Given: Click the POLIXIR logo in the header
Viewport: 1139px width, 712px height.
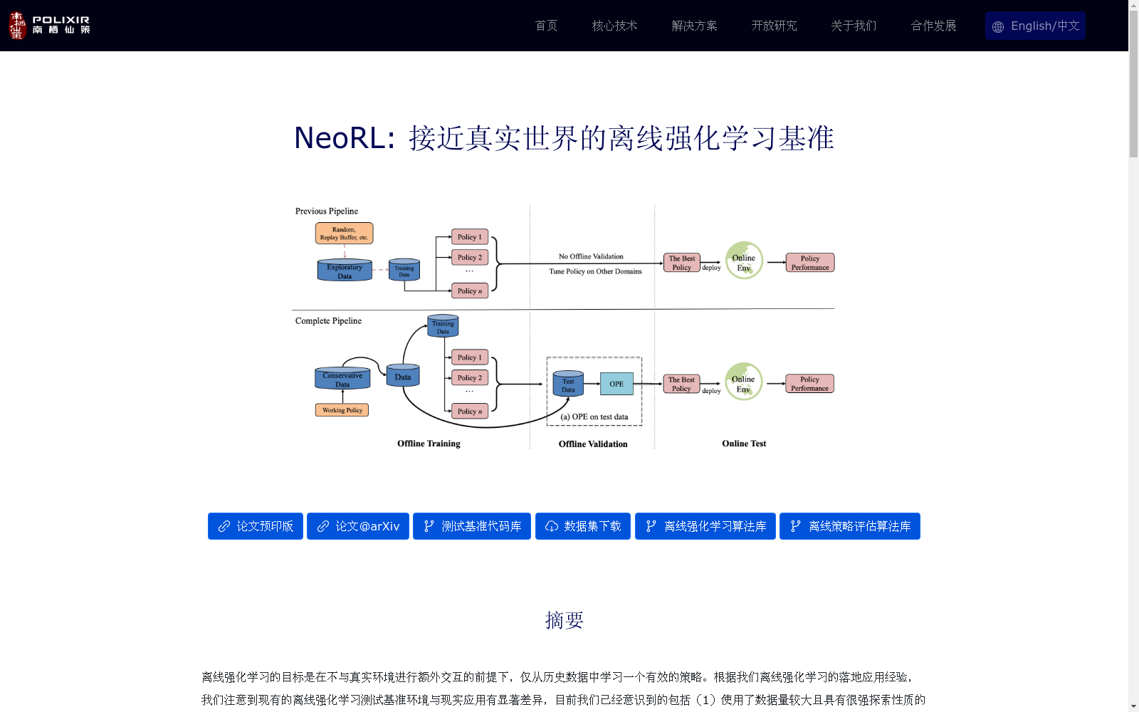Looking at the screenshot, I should tap(49, 26).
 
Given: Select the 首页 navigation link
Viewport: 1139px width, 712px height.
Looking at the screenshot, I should tap(546, 26).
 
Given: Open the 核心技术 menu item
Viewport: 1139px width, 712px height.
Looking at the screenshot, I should tap(614, 26).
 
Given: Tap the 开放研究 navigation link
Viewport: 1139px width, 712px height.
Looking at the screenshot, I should tap(774, 26).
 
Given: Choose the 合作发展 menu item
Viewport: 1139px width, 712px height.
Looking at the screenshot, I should tap(933, 26).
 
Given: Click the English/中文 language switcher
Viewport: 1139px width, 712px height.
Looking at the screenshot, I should tap(1035, 26).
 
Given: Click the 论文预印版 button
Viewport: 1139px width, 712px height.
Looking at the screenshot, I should tap(256, 526).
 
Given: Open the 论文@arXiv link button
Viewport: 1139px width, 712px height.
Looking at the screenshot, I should tap(358, 526).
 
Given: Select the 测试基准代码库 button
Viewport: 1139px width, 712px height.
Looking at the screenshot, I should tap(472, 526).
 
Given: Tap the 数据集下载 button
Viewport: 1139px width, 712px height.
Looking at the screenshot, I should tap(583, 526).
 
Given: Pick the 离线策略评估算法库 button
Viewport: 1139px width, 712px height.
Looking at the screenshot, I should tap(850, 526).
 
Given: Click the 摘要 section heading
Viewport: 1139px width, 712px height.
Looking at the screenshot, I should tap(564, 620).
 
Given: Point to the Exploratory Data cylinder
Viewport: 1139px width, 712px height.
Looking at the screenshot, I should tap(345, 271).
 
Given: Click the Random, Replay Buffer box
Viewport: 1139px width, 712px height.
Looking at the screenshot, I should tap(344, 234).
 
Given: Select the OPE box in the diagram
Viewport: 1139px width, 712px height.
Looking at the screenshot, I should tap(616, 384).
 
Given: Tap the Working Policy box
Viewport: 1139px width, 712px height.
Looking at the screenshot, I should tap(342, 410).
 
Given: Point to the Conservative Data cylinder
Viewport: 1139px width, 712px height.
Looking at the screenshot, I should tap(342, 379).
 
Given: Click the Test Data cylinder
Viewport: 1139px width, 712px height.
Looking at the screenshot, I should tap(568, 384).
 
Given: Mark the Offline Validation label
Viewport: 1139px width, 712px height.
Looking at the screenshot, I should tap(593, 444).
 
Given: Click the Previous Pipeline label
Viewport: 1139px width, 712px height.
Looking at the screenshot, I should tap(327, 211).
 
